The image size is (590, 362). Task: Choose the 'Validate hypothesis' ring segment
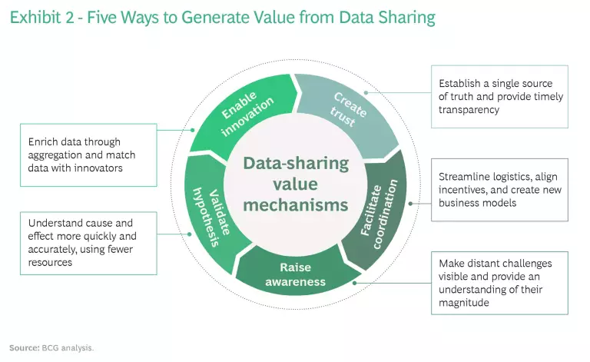214,219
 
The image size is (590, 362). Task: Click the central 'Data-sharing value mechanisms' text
295,184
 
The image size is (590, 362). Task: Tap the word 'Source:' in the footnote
24,347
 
